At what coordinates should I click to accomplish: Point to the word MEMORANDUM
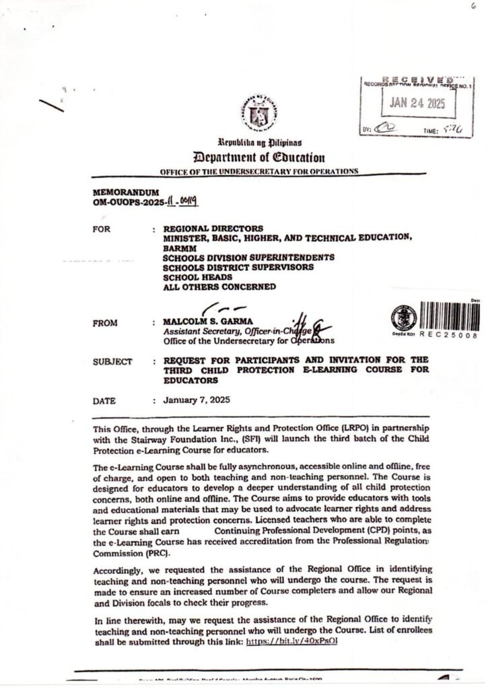(x=125, y=192)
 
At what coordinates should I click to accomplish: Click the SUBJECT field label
(x=112, y=361)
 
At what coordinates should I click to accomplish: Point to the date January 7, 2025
(x=197, y=400)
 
